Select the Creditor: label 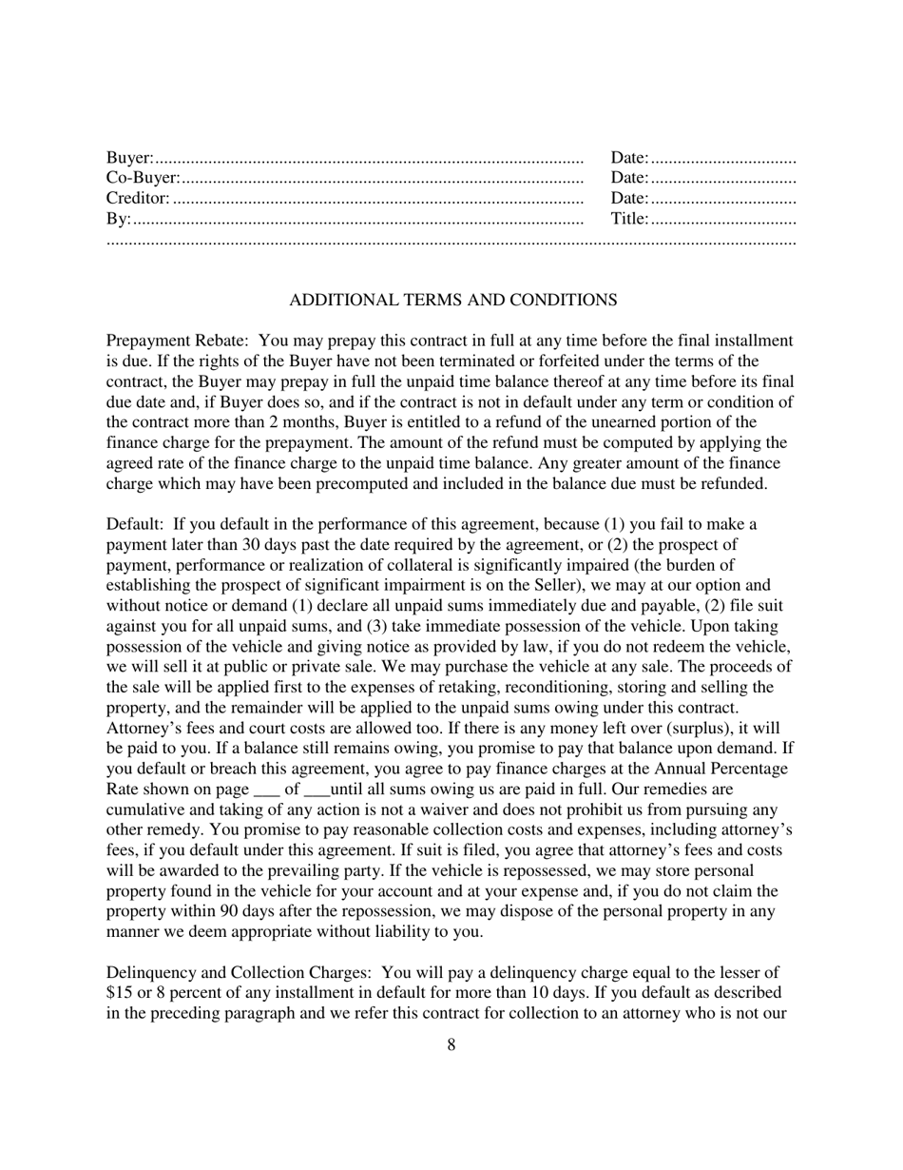138,198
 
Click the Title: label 630,219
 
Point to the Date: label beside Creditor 630,198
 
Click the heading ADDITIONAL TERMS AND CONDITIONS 452,300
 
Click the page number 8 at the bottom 451,1045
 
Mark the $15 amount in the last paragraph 118,994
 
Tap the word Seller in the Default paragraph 543,585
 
